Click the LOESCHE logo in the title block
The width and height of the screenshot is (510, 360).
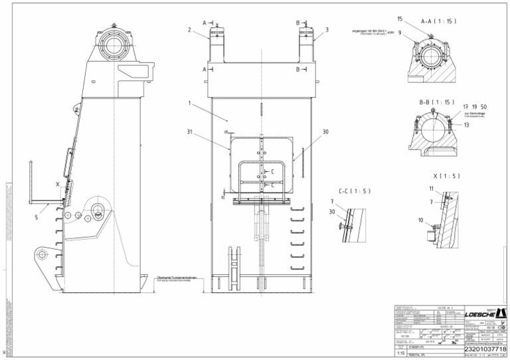click(x=483, y=313)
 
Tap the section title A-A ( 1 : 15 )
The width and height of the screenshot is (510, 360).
click(x=438, y=21)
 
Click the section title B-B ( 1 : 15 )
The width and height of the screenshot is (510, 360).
click(x=436, y=102)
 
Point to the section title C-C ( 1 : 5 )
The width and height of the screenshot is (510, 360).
click(x=354, y=191)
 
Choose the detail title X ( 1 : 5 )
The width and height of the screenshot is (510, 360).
click(x=445, y=176)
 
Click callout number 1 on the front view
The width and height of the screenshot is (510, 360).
click(x=189, y=103)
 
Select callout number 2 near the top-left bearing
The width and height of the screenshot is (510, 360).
click(x=189, y=30)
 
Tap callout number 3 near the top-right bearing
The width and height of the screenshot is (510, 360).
click(x=327, y=30)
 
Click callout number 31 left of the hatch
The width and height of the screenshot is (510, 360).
click(x=190, y=131)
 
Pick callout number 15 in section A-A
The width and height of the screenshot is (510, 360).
click(x=400, y=19)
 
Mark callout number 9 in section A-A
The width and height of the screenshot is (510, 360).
click(x=400, y=32)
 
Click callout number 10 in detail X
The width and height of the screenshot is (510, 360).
click(x=420, y=220)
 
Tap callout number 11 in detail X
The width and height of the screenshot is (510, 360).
click(x=431, y=189)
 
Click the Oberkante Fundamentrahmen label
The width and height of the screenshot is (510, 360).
click(x=177, y=278)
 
